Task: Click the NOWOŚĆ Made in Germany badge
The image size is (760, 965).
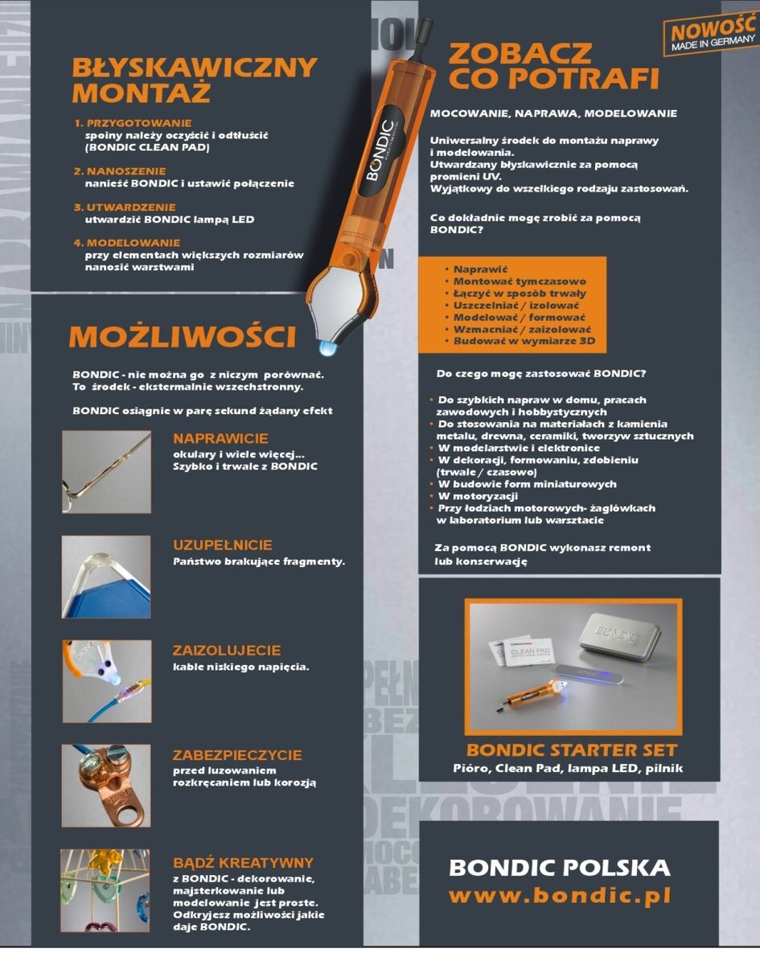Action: tap(709, 37)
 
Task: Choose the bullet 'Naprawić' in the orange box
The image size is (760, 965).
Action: tap(481, 269)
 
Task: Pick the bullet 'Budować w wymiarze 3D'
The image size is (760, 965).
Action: tap(522, 342)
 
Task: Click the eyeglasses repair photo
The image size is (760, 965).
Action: tap(105, 472)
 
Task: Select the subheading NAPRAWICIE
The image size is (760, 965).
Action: tap(220, 439)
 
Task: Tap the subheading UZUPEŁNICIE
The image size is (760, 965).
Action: tap(222, 545)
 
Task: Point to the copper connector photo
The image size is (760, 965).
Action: tap(105, 786)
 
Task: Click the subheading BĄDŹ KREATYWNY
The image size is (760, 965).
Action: tap(243, 863)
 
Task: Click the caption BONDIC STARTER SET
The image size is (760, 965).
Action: tap(571, 750)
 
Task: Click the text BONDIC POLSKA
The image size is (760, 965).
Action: tap(559, 868)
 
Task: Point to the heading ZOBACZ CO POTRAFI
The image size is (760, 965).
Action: tap(553, 67)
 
